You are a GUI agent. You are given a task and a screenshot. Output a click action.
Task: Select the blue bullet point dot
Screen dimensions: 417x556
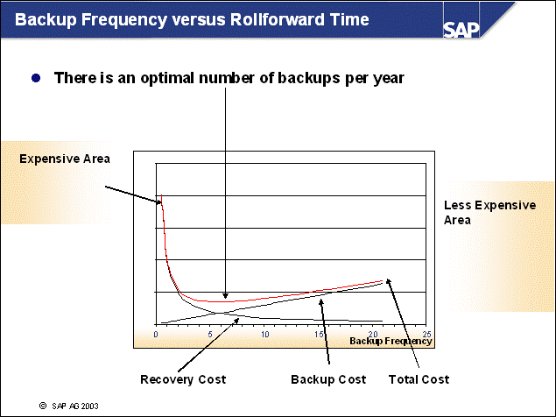(36, 78)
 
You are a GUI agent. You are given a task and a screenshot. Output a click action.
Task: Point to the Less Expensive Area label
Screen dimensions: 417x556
(489, 212)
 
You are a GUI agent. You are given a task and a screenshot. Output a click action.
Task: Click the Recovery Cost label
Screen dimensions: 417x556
(183, 379)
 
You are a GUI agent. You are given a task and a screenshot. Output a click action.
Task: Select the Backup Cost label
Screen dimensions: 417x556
(327, 379)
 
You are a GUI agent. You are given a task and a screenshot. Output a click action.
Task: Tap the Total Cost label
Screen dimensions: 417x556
(419, 379)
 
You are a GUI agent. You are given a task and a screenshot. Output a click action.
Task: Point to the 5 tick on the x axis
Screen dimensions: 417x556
(210, 334)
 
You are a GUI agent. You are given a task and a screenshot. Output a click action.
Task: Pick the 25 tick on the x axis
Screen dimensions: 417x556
(426, 334)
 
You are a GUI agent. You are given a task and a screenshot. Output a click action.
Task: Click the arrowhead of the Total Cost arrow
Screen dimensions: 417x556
(387, 280)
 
